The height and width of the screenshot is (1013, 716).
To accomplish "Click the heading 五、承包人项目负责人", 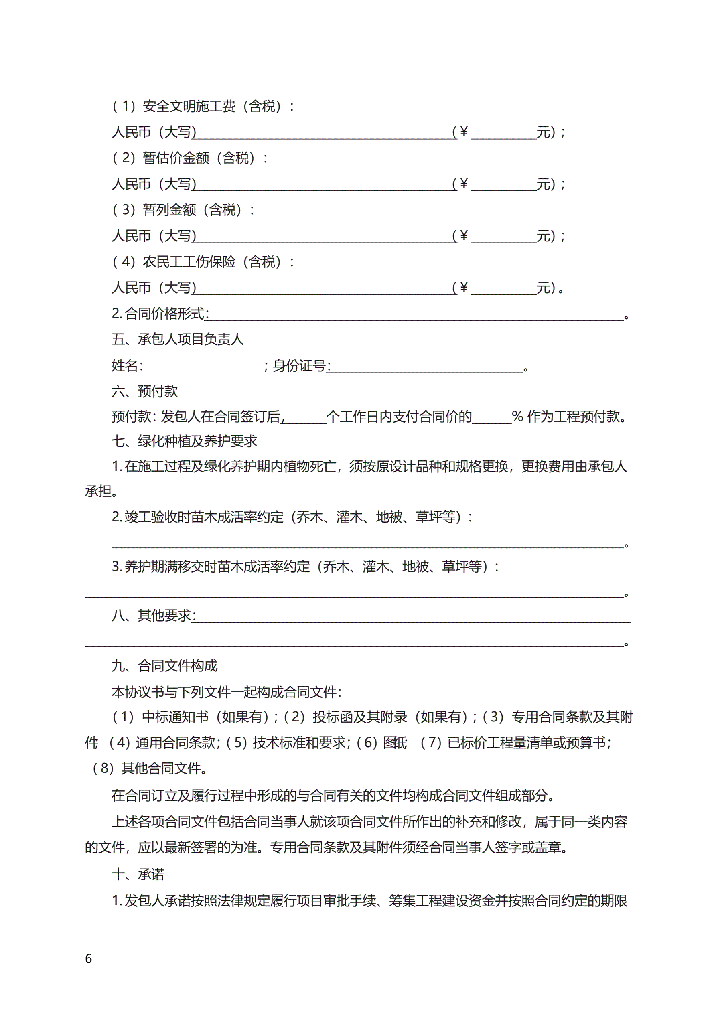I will [x=177, y=339].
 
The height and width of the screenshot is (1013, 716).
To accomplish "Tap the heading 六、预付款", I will [x=144, y=391].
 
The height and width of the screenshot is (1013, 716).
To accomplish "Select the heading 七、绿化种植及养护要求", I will [x=184, y=441].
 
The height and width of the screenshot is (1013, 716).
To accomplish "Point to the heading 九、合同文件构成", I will [x=164, y=666].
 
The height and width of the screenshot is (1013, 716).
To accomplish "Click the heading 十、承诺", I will [x=138, y=874].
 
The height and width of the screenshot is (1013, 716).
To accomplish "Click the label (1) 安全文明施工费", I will [x=203, y=106].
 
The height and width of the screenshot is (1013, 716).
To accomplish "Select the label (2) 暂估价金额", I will [x=190, y=158].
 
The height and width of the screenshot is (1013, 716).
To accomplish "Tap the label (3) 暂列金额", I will [x=184, y=210].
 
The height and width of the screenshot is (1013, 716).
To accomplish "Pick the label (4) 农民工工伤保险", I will [x=203, y=262].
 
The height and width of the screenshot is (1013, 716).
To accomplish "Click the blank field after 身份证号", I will [x=426, y=367].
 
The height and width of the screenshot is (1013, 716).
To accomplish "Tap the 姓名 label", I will [x=127, y=366].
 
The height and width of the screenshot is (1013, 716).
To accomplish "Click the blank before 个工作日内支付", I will [x=304, y=417].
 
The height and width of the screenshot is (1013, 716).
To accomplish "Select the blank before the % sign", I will [x=491, y=417].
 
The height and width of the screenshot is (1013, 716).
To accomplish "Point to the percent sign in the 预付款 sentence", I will [x=517, y=417].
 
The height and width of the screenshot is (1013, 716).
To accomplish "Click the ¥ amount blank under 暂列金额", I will [x=503, y=237].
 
